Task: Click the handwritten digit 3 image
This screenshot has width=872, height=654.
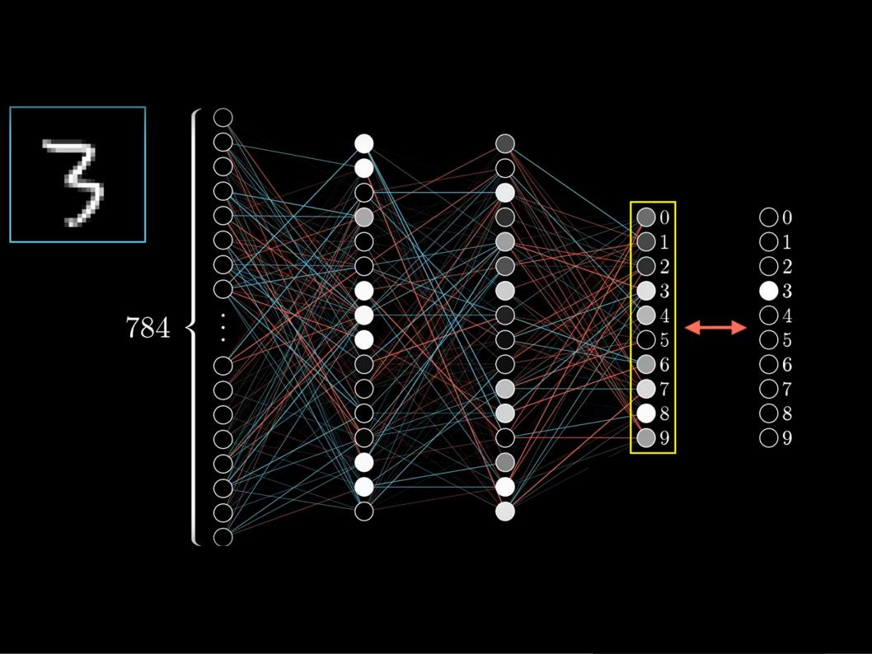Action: [77, 175]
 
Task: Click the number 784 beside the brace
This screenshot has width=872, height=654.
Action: [148, 328]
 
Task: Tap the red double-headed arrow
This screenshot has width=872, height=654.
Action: [715, 328]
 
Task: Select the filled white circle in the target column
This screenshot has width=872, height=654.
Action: [768, 291]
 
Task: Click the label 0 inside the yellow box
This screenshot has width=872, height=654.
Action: [664, 217]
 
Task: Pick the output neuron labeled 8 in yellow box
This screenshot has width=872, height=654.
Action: [646, 413]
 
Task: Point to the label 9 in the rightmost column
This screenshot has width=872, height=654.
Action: [787, 438]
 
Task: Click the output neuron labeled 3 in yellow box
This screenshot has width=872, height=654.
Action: [646, 291]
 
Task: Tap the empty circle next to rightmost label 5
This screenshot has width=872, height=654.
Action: [768, 340]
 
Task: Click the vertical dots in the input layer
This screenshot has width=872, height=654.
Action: [223, 327]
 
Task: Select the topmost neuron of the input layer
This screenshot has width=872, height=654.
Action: [223, 118]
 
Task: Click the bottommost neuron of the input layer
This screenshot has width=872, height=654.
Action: [223, 537]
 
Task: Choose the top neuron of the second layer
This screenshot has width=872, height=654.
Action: [364, 143]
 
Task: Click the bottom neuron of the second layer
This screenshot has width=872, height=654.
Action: [364, 512]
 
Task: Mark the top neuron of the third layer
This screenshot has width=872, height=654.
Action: [505, 143]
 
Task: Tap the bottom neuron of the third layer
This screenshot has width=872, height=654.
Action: [505, 512]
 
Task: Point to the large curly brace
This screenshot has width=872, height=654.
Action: [195, 328]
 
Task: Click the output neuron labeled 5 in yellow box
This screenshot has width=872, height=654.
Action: [646, 340]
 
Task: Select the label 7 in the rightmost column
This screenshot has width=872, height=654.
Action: [787, 389]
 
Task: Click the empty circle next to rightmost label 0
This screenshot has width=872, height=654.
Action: [768, 217]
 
